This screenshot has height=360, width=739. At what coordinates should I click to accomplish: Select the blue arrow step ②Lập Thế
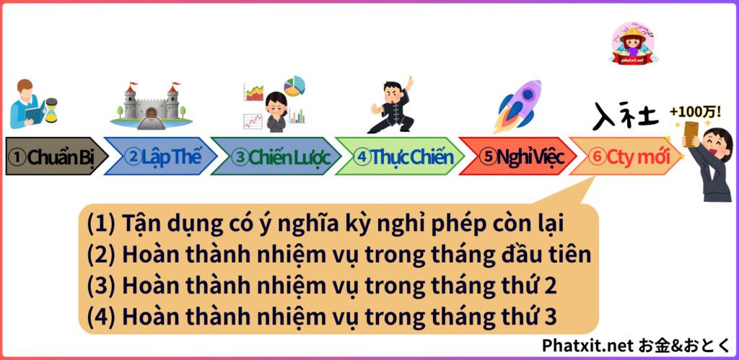[160, 157]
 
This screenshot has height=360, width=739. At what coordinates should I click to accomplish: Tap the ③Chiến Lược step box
[276, 157]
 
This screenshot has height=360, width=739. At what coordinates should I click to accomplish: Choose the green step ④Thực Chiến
[400, 157]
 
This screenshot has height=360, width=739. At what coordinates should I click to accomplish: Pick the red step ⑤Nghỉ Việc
[517, 157]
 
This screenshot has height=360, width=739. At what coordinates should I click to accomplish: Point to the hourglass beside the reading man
[51, 110]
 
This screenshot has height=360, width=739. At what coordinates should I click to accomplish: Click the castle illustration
[152, 106]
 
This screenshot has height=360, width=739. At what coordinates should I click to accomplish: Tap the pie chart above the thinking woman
[294, 86]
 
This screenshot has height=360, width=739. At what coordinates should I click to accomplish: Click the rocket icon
[517, 106]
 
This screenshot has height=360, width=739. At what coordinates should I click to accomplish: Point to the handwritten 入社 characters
[623, 115]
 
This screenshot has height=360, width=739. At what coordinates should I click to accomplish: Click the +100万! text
[695, 113]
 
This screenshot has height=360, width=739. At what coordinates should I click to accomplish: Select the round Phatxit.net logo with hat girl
[634, 43]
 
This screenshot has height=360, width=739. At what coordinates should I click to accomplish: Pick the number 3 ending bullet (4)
[549, 317]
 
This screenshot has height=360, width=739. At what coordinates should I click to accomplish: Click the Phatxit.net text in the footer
[587, 346]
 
